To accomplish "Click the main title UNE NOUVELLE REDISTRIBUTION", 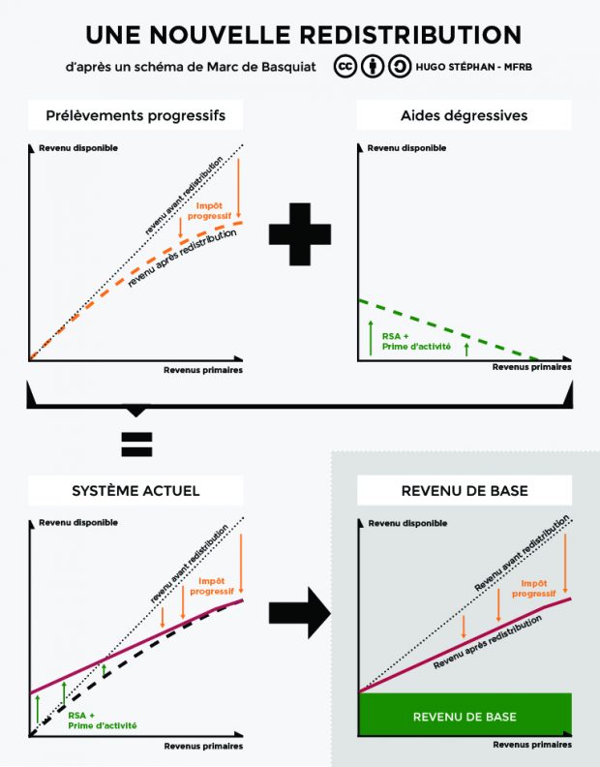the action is tap(304, 35).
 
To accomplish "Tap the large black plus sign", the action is tap(300, 233).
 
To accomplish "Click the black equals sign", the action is tap(136, 445).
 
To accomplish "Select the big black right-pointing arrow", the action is tap(300, 612).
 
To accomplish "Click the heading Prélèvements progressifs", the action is tap(135, 115).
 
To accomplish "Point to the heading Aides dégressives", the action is tap(465, 115).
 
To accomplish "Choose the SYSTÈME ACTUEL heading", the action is tap(135, 491).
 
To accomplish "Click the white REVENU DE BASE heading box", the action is tap(465, 490).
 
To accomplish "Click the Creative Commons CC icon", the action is tap(345, 67).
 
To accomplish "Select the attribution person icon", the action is tap(373, 67).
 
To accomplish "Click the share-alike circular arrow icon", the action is tap(400, 67).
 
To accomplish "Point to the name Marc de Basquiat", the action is tap(261, 67).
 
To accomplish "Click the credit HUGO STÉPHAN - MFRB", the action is tap(474, 67).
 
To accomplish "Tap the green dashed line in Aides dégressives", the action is tap(448, 328).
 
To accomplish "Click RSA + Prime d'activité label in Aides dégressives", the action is tap(416, 342).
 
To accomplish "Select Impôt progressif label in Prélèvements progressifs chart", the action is tap(210, 211).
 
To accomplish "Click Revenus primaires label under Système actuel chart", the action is tap(203, 746).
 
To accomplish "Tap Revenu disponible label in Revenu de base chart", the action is tap(407, 523).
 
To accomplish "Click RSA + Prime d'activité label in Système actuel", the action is tap(103, 721).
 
